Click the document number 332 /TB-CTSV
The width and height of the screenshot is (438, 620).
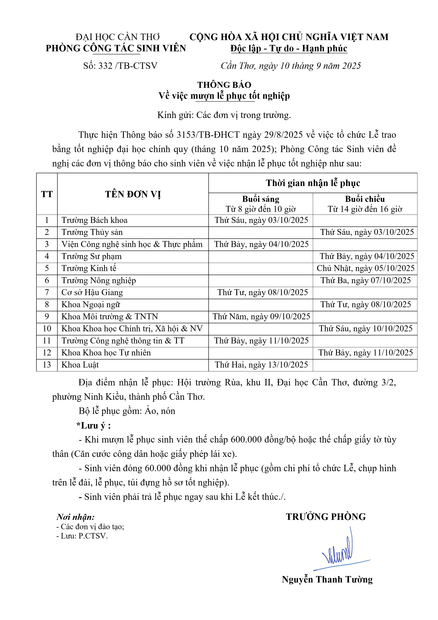pyautogui.click(x=120, y=66)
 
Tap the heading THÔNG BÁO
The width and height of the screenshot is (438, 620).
pyautogui.click(x=224, y=85)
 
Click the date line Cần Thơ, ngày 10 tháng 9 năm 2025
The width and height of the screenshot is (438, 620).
pyautogui.click(x=291, y=66)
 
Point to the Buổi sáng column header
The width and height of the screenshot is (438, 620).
pyautogui.click(x=261, y=199)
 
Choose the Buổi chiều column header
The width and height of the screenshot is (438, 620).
pyautogui.click(x=365, y=199)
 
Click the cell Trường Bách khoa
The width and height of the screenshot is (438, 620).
pyautogui.click(x=94, y=220)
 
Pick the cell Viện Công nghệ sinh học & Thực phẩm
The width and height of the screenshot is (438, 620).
pyautogui.click(x=132, y=244)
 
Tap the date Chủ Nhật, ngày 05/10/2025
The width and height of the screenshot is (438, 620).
pyautogui.click(x=365, y=268)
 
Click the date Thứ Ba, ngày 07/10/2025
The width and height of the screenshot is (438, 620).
pyautogui.click(x=365, y=281)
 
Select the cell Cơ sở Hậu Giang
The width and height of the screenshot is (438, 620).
pyautogui.click(x=92, y=293)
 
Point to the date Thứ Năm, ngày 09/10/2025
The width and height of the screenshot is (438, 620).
pyautogui.click(x=261, y=316)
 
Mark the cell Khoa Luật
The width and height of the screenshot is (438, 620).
pyautogui.click(x=80, y=365)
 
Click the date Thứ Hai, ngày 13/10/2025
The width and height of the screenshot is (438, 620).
pyautogui.click(x=261, y=365)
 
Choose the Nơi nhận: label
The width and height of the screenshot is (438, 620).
pyautogui.click(x=76, y=517)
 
